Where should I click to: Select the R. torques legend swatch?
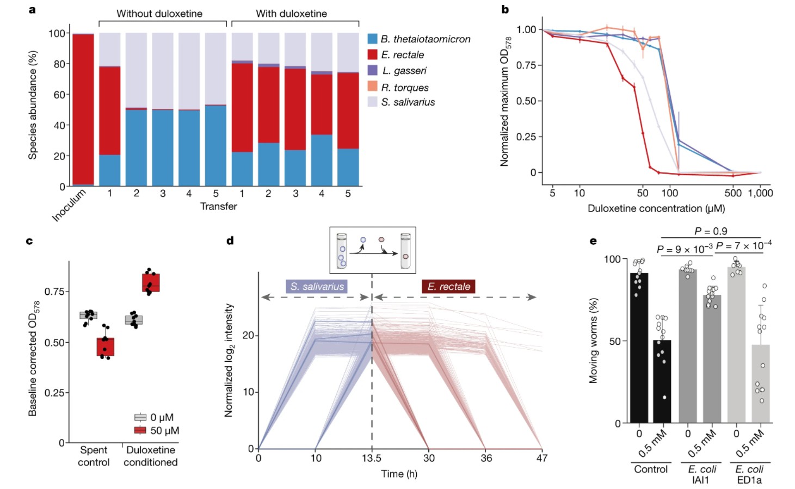(x=372, y=86)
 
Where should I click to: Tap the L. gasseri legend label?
(x=404, y=71)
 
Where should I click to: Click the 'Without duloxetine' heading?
(x=159, y=14)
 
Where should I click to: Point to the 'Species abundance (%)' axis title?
(x=33, y=105)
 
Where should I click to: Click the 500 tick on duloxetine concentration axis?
(x=733, y=193)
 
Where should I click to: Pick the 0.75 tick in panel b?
(x=526, y=65)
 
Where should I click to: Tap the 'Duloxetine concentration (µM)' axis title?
(x=656, y=208)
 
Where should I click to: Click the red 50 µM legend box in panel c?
(x=140, y=430)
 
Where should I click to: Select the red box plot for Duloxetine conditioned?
(x=151, y=283)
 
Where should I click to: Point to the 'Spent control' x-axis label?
(x=94, y=456)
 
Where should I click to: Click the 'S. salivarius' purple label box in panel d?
(x=317, y=287)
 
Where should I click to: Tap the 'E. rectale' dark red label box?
(x=448, y=287)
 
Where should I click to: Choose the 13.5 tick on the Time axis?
(x=372, y=458)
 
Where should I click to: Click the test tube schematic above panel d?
(x=373, y=250)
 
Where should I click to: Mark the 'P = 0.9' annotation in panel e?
(x=711, y=231)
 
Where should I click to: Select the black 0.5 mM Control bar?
(x=662, y=381)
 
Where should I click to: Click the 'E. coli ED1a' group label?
(x=749, y=474)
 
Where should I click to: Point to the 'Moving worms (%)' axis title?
(x=593, y=341)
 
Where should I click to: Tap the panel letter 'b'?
(x=505, y=9)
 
